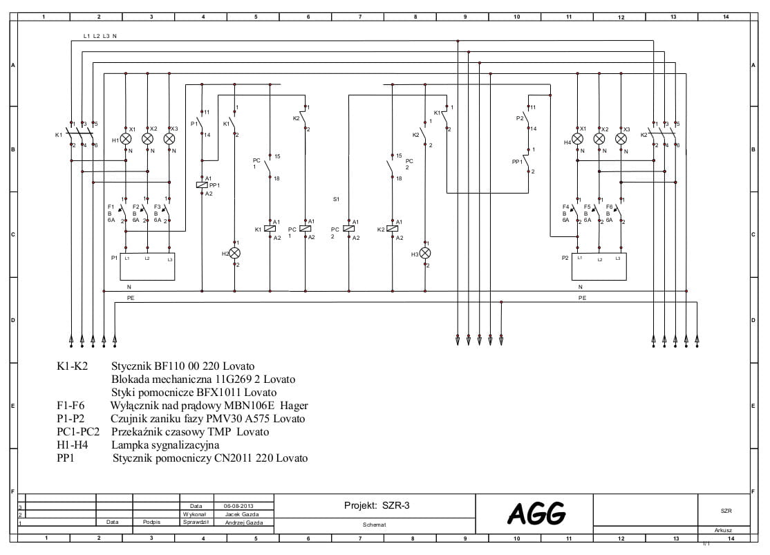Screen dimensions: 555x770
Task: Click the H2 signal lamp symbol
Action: point(234,254)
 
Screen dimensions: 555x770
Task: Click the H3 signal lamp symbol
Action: point(426,254)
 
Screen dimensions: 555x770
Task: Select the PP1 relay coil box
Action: point(201,185)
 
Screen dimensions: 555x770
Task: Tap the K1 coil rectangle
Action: point(270,229)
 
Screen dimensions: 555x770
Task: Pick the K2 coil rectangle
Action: point(392,229)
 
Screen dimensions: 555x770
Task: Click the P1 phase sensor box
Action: point(147,266)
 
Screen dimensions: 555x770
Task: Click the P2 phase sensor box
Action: point(599,266)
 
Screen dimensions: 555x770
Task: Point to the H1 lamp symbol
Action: point(126,139)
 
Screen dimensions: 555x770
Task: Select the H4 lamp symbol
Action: point(577,139)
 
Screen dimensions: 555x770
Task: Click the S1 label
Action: point(336,199)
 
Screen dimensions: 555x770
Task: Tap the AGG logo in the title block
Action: point(536,513)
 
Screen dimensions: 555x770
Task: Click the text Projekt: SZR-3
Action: point(377,505)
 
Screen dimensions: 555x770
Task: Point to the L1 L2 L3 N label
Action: point(100,36)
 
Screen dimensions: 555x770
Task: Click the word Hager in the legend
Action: point(294,406)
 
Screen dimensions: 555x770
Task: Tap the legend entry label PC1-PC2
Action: point(78,432)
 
